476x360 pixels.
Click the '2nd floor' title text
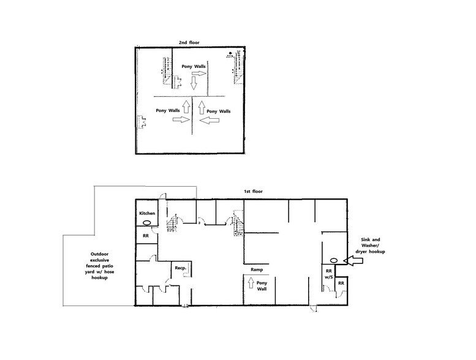point(190,42)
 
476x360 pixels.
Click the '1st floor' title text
point(254,192)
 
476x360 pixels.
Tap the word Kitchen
point(147,213)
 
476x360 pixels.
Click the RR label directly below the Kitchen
point(146,236)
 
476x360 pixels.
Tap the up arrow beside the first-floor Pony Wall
point(250,284)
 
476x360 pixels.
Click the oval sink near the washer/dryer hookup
point(335,260)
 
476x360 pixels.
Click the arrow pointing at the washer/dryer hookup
point(356,260)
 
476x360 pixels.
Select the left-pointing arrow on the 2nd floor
point(211,122)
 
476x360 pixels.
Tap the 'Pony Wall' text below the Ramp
point(262,287)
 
